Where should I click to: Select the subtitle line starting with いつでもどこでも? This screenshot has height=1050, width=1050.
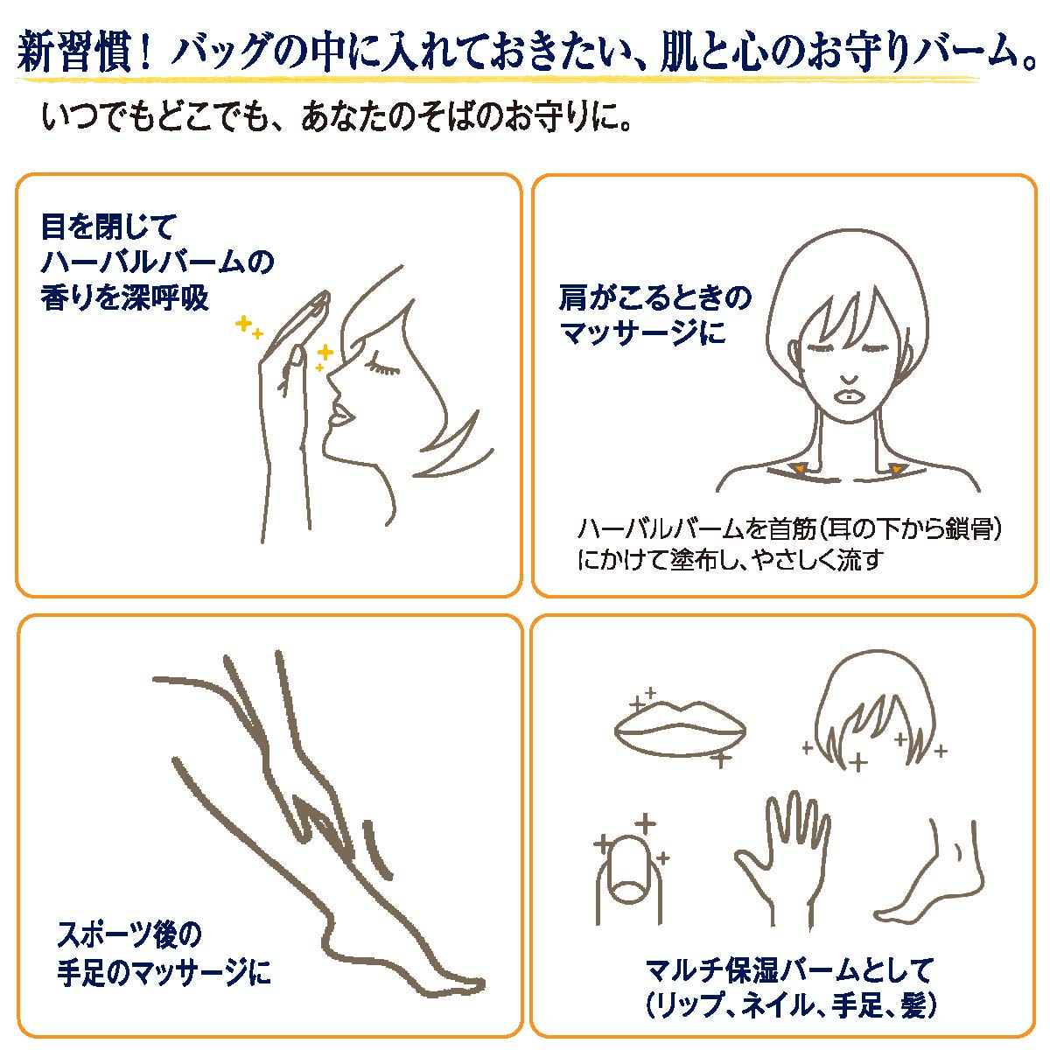click(x=337, y=117)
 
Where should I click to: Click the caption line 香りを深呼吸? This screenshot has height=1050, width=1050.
click(x=125, y=297)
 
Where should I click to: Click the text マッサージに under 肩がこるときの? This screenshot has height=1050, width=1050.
click(x=642, y=333)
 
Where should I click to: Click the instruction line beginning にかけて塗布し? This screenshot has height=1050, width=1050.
click(x=730, y=560)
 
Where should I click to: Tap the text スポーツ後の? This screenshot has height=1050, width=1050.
click(x=129, y=934)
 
